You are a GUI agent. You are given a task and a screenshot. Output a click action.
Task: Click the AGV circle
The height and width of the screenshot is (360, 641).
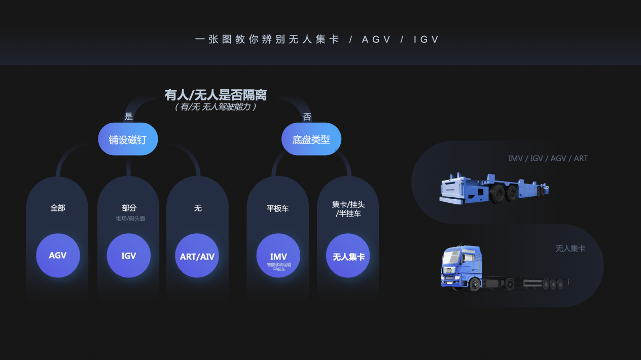pyautogui.click(x=58, y=255)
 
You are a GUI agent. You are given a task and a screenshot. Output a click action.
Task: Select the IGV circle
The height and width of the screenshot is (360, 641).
pyautogui.click(x=128, y=255)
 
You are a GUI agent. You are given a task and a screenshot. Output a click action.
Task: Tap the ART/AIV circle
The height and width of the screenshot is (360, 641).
pyautogui.click(x=197, y=255)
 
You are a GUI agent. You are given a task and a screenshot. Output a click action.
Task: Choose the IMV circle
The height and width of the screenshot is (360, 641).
pyautogui.click(x=278, y=255)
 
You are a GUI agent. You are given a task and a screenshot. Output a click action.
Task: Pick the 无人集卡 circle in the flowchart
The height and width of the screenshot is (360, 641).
pyautogui.click(x=348, y=255)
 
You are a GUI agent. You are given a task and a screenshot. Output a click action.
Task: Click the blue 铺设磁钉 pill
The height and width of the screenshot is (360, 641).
pyautogui.click(x=128, y=139)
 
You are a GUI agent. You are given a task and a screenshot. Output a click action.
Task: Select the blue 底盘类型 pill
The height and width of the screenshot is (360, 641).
pyautogui.click(x=311, y=139)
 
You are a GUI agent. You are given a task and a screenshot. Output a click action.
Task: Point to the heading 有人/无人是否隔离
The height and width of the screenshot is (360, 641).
pyautogui.click(x=216, y=95)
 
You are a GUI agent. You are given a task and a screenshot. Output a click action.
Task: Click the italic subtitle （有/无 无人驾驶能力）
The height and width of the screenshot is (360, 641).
pyautogui.click(x=216, y=107)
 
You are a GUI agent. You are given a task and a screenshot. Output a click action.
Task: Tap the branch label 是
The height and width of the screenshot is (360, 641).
pyautogui.click(x=128, y=116)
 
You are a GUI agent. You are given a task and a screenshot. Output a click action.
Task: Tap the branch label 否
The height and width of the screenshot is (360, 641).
pyautogui.click(x=307, y=117)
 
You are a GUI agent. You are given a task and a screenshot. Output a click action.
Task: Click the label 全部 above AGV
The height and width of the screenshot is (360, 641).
pyautogui.click(x=58, y=208)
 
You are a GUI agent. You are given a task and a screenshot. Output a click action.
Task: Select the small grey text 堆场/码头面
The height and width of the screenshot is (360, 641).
pyautogui.click(x=130, y=219)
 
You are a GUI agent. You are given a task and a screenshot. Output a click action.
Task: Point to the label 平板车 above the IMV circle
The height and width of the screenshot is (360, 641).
pyautogui.click(x=277, y=208)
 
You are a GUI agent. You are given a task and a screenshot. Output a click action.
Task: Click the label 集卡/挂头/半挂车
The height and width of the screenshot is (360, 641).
pyautogui.click(x=348, y=209)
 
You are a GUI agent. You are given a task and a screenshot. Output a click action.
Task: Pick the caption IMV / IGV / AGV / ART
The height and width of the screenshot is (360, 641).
pyautogui.click(x=548, y=158)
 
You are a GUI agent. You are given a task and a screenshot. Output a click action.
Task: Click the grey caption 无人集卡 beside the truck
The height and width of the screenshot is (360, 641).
pyautogui.click(x=570, y=248)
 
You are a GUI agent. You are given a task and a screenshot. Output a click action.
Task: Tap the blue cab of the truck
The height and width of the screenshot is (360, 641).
pyautogui.click(x=462, y=267)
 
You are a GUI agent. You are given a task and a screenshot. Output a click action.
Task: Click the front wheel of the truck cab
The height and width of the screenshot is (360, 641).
pyautogui.click(x=475, y=285)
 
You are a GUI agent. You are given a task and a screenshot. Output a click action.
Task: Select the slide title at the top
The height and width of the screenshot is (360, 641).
pyautogui.click(x=317, y=39)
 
